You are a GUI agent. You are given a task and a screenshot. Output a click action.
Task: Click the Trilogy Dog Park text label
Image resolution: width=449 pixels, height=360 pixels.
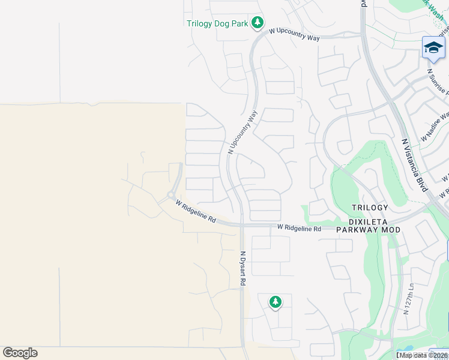(217, 24)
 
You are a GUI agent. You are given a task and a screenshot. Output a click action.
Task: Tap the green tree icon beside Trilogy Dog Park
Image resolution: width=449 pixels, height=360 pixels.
(258, 23)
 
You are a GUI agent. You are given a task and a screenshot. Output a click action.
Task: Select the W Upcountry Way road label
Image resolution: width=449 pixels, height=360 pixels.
(294, 34)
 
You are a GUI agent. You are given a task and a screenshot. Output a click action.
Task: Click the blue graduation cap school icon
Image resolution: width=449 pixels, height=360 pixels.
(433, 47)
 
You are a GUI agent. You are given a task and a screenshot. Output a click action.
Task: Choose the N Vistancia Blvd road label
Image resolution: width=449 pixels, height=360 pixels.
(414, 165)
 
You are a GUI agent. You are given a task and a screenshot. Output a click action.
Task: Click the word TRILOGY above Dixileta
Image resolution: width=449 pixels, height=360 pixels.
(370, 208)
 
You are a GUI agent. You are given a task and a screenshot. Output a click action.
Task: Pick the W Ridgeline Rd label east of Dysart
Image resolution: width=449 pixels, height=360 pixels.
(299, 228)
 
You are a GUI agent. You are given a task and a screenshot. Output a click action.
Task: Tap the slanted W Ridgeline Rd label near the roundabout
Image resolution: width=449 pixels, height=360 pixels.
(196, 212)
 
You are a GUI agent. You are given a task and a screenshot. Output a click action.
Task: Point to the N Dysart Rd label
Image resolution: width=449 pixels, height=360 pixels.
(243, 268)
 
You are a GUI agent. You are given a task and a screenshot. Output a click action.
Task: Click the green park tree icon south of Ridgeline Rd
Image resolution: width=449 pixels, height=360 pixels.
(275, 302)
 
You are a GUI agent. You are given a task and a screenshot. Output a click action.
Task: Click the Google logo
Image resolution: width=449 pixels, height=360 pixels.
(20, 353)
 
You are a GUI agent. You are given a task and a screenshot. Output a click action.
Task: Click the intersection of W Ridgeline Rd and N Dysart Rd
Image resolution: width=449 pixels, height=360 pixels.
(241, 226)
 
